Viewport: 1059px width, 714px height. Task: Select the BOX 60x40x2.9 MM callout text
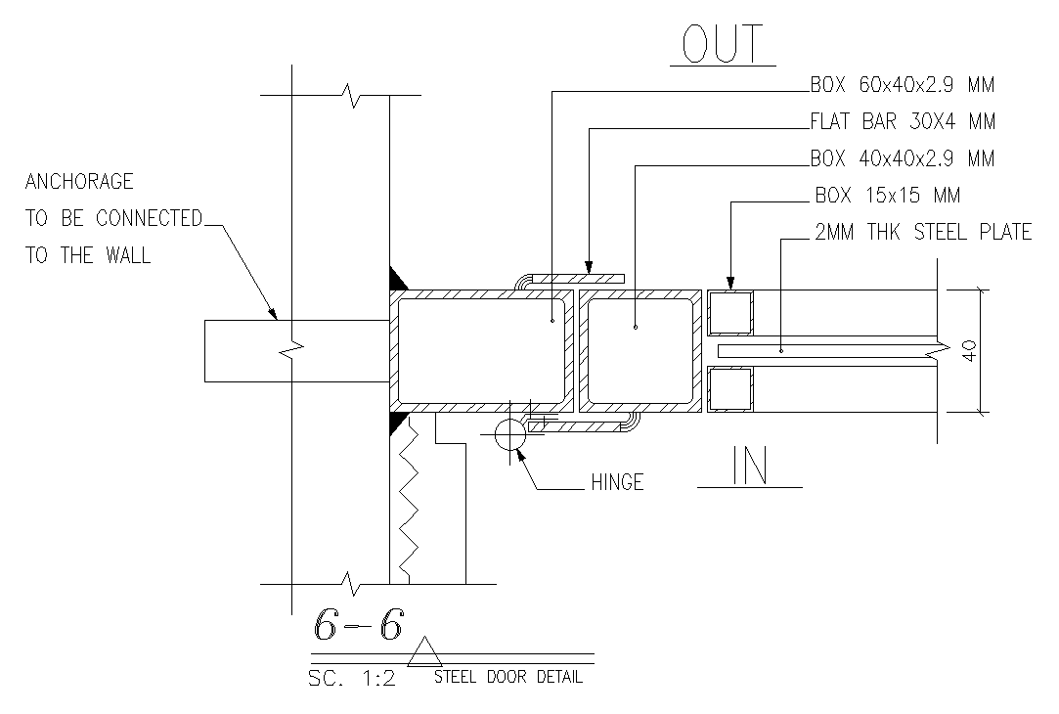(902, 85)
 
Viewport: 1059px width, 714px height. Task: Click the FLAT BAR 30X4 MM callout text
(902, 122)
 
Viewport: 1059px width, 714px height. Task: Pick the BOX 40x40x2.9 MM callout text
(902, 158)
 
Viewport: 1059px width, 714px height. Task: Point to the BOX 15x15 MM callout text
(888, 196)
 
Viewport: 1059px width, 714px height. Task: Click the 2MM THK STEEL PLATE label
(922, 233)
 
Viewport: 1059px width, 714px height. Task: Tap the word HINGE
(617, 482)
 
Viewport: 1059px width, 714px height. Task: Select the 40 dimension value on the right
(969, 351)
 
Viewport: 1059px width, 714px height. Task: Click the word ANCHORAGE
(78, 182)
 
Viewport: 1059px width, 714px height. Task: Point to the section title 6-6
(357, 624)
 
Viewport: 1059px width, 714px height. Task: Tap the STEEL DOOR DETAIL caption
(508, 677)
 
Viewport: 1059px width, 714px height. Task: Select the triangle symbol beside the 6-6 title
(423, 652)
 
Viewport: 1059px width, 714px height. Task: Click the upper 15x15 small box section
(730, 312)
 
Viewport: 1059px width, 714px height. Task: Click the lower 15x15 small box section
(730, 389)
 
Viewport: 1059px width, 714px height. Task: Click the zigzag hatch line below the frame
(409, 499)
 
